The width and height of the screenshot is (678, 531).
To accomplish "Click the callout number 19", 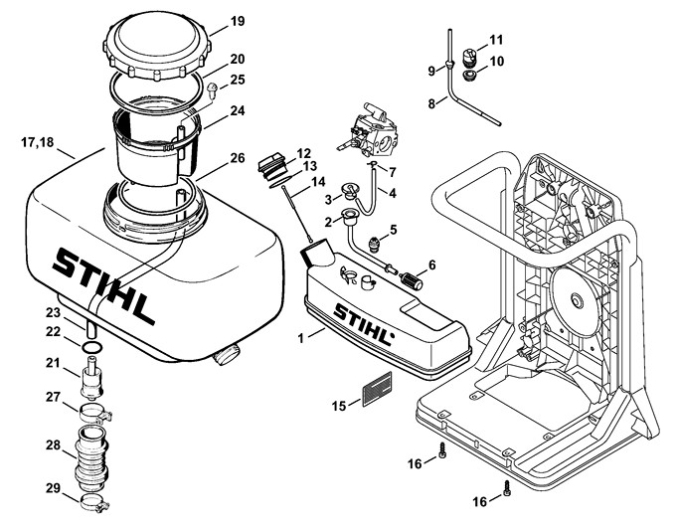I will pyautogui.click(x=237, y=21).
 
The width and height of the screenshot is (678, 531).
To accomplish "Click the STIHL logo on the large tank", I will pyautogui.click(x=104, y=284).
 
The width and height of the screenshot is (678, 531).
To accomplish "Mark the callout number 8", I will pyautogui.click(x=431, y=103).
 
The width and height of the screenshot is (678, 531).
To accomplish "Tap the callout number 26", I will pyautogui.click(x=237, y=158).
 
